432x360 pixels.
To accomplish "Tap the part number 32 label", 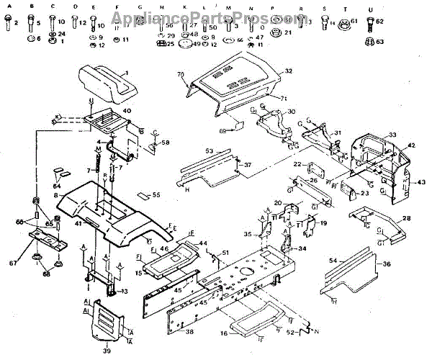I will pyautogui.click(x=288, y=71).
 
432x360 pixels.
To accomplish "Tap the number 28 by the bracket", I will pyautogui.click(x=407, y=217).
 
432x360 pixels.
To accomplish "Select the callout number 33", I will pyautogui.click(x=392, y=135).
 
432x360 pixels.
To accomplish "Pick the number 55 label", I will pyautogui.click(x=156, y=195).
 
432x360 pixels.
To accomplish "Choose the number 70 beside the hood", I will pyautogui.click(x=181, y=75).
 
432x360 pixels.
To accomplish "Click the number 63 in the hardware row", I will pyautogui.click(x=380, y=42).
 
